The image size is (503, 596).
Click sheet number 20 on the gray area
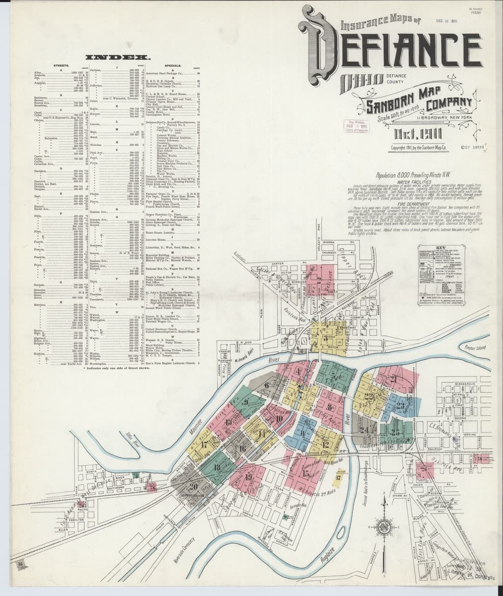(x=193, y=486)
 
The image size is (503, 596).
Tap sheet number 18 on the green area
(x=217, y=467)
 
